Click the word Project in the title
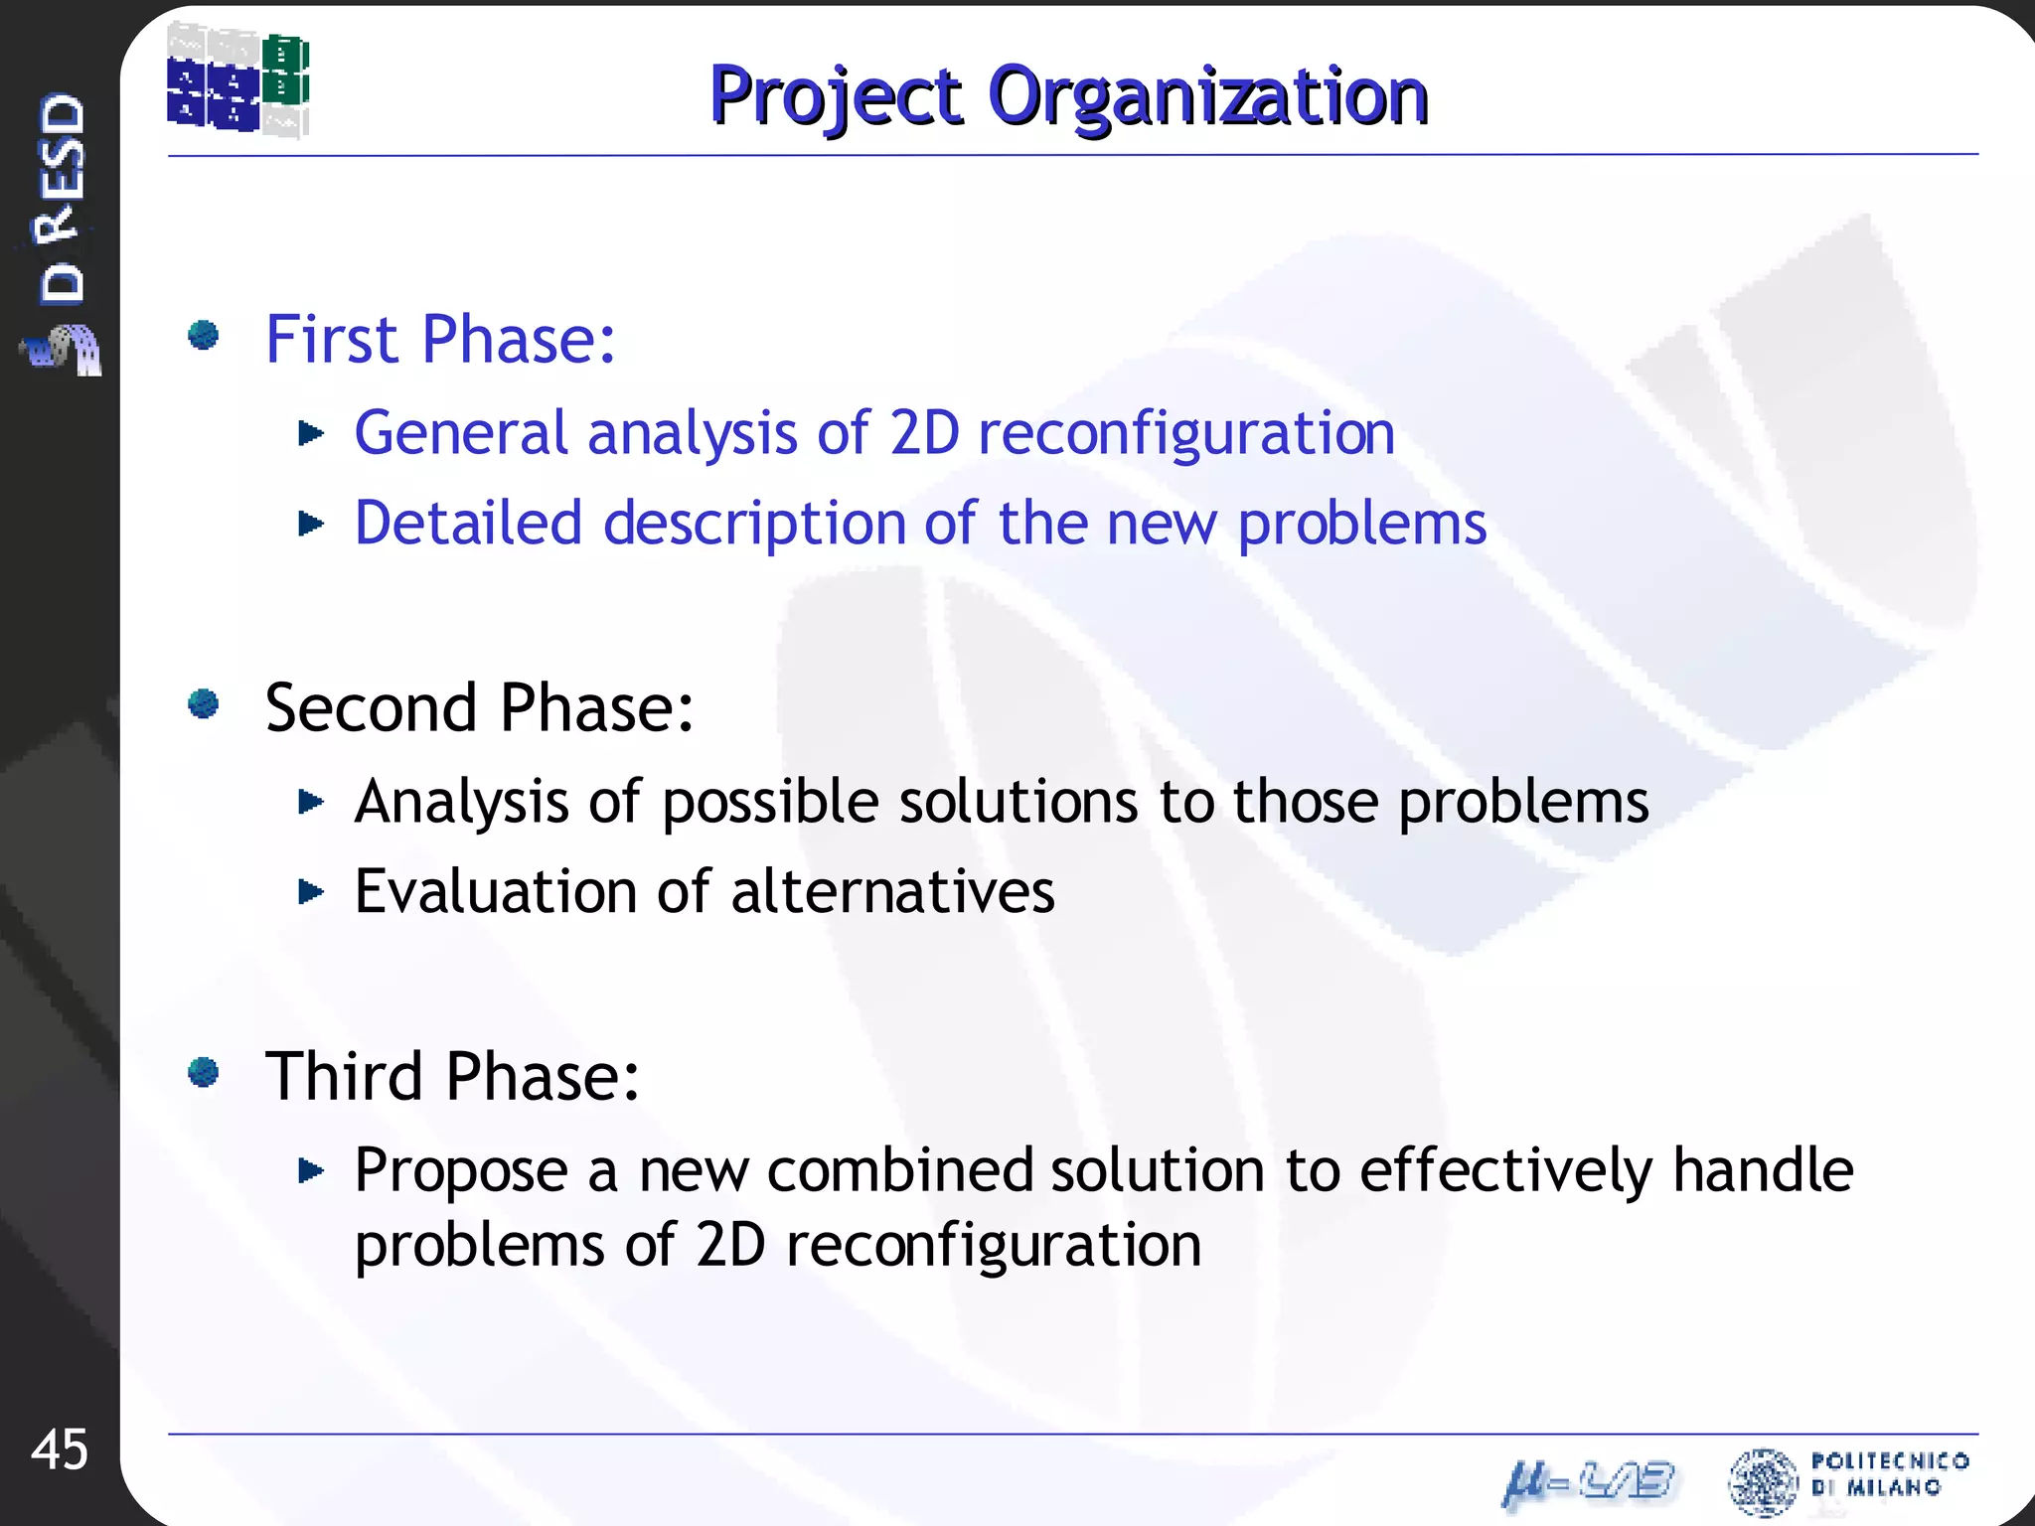tap(836, 96)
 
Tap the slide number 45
tap(60, 1450)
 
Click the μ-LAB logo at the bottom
tap(1588, 1482)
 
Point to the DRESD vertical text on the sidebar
tap(62, 199)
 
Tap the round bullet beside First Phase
tap(204, 336)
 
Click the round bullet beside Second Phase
tap(204, 704)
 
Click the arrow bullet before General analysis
tap(311, 433)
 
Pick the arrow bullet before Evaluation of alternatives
tap(311, 891)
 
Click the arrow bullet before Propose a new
tap(311, 1171)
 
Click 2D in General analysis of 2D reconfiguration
tap(924, 433)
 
